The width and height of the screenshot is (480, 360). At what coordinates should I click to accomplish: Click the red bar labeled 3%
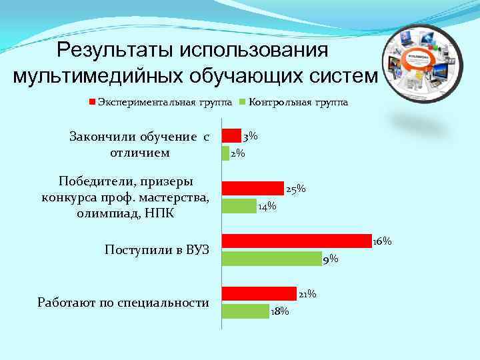click(231, 135)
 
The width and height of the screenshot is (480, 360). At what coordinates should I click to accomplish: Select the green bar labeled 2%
click(225, 153)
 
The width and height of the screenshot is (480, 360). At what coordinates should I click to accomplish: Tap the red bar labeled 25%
click(253, 188)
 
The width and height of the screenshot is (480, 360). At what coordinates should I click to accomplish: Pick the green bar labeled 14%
click(239, 205)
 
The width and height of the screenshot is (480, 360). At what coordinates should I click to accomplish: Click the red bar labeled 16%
click(297, 241)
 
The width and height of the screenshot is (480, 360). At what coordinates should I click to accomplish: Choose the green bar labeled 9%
click(271, 258)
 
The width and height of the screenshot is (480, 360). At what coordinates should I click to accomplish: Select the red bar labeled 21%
click(259, 293)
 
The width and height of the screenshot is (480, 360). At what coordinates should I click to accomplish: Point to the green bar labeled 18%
click(245, 311)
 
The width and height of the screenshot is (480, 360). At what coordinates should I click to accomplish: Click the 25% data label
click(295, 189)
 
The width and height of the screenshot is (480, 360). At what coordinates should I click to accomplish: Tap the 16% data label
click(382, 241)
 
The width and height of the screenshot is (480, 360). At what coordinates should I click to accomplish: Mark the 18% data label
click(280, 311)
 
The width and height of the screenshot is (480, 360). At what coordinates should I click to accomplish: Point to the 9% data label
click(330, 259)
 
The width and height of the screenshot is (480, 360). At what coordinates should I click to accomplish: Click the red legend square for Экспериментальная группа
click(93, 103)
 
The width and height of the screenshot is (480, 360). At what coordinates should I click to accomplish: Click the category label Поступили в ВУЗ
click(157, 250)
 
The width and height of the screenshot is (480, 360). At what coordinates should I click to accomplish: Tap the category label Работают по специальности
click(123, 303)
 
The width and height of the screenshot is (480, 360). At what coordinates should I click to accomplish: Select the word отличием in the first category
click(139, 153)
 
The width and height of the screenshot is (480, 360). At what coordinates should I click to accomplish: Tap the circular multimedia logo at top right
click(425, 59)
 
